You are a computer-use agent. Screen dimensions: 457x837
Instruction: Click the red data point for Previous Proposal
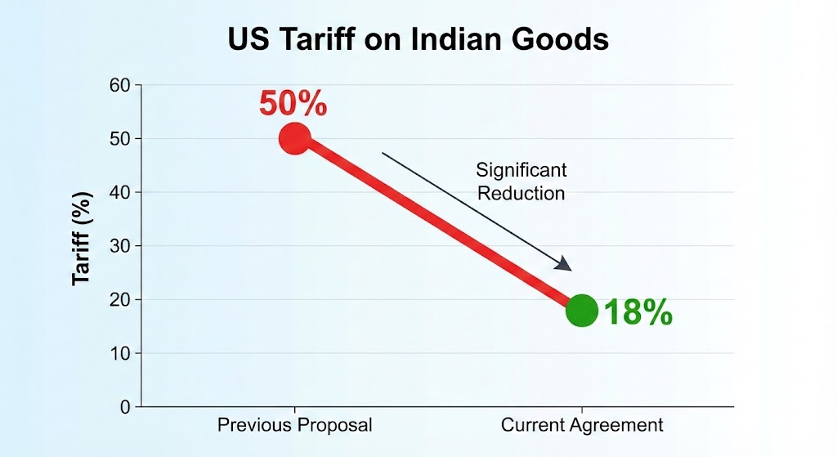point(294,139)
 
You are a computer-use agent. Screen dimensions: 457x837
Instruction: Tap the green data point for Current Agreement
point(581,311)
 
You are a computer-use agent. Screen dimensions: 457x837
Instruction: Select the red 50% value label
point(293,105)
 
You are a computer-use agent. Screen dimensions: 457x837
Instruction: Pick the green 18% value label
point(638,313)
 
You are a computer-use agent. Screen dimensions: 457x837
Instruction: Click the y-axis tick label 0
point(125,407)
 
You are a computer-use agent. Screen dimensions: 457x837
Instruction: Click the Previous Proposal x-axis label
point(294,426)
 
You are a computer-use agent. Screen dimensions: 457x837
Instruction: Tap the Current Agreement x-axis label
point(582,426)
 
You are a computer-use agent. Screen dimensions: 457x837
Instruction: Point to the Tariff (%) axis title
point(83,238)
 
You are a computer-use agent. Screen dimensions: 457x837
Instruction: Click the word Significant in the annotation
point(521,170)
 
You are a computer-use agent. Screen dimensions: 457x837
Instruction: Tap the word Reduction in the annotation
point(521,194)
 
